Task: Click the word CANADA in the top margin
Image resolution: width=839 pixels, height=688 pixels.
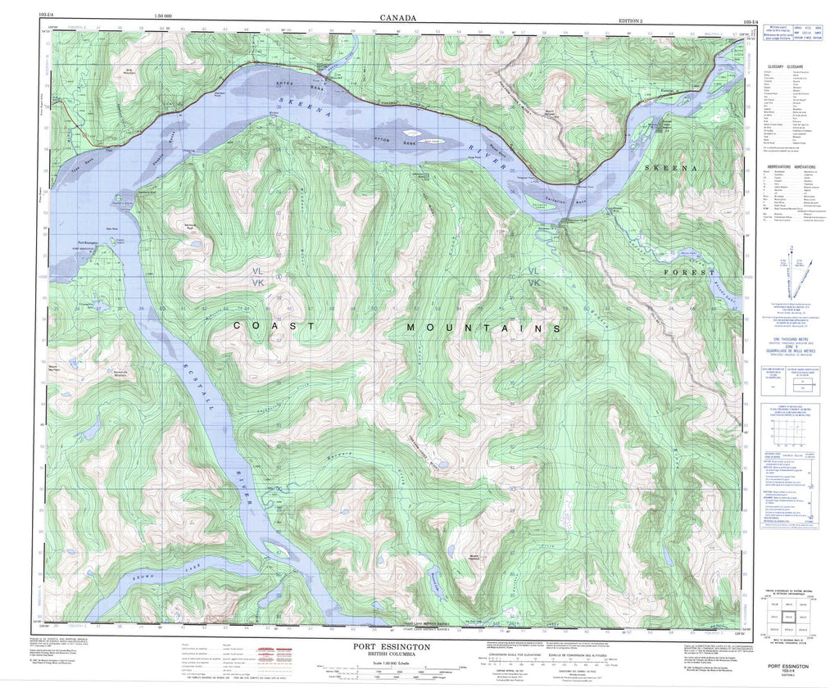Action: point(398,17)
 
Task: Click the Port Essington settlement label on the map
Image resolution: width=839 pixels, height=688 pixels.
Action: point(92,242)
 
